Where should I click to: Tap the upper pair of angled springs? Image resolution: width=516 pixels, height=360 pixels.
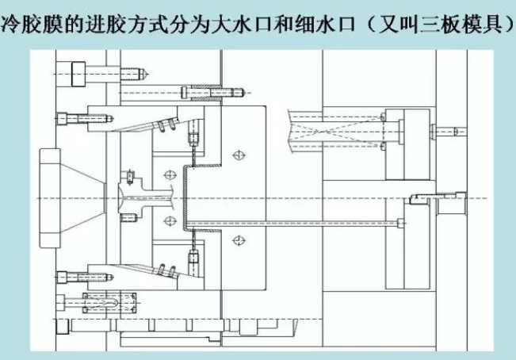click(x=165, y=123)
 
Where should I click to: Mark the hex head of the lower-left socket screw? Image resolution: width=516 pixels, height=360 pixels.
click(x=63, y=276)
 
